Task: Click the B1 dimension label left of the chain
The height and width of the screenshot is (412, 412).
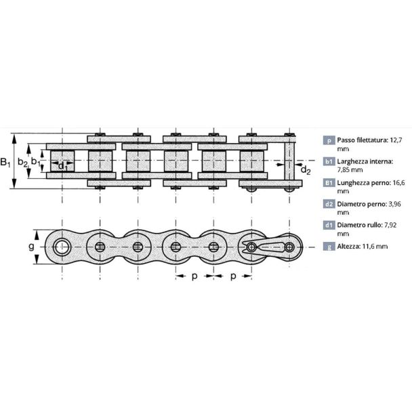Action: pos(5,162)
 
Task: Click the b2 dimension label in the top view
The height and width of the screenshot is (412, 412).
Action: pos(22,163)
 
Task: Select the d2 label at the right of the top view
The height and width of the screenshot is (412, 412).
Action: pos(306,170)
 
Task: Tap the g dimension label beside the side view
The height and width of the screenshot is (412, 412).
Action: pos(31,247)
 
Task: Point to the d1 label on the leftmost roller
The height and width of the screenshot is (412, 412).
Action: pos(62,166)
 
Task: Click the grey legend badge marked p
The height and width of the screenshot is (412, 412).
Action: pos(329,140)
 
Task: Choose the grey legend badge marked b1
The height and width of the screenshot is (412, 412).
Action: pos(329,161)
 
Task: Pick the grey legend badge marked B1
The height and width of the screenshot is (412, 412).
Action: pos(329,182)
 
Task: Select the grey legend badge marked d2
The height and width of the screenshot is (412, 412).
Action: pos(329,204)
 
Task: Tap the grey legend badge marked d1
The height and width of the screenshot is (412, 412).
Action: pos(329,225)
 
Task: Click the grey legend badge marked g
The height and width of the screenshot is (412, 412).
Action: pos(329,247)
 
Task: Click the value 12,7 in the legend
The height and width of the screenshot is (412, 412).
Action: pos(396,140)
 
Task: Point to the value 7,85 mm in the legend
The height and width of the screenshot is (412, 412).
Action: pos(350,169)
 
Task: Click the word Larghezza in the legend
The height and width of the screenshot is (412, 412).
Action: pos(352,161)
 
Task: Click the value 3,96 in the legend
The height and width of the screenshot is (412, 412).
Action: pos(394,204)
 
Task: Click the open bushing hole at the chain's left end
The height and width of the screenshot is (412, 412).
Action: pos(62,247)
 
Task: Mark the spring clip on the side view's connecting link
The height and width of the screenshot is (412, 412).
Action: pos(268,247)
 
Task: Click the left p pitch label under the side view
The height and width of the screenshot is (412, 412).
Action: pos(194,276)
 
